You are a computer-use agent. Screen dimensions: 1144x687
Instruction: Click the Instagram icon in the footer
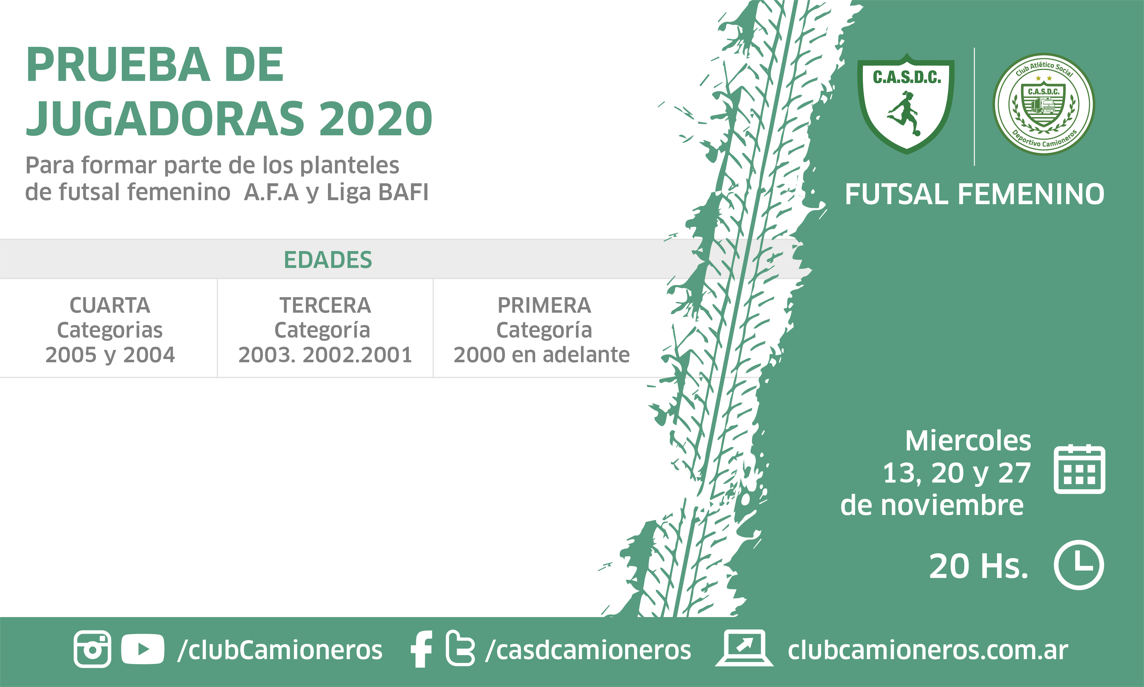pos(93,649)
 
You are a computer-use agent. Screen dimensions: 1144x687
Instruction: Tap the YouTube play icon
pos(142,649)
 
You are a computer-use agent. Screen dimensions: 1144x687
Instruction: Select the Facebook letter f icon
pos(421,649)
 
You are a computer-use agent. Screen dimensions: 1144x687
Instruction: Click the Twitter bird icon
pos(460,649)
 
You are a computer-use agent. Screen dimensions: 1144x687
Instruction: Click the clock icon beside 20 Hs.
pos(1079,565)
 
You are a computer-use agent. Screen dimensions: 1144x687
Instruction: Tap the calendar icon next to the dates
pos(1079,469)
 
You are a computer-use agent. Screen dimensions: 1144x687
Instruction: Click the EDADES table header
pos(328,260)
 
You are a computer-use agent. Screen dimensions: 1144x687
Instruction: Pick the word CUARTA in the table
pos(110,305)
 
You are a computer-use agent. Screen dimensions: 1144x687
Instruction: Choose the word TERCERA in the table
pos(325,305)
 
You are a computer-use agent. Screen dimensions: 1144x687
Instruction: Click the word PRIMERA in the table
pos(544,305)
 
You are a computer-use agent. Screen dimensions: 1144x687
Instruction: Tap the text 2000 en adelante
pos(542,354)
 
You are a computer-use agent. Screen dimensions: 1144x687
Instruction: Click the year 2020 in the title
pos(376,118)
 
